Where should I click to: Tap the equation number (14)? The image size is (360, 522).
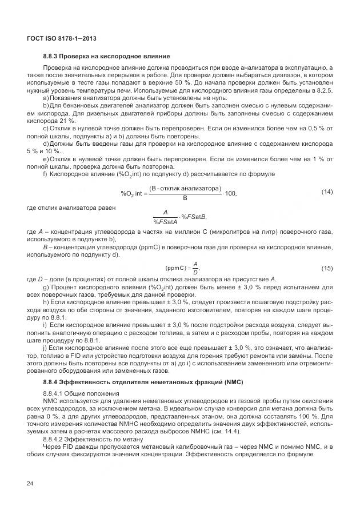click(327, 190)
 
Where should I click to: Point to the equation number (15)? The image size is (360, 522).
click(327, 268)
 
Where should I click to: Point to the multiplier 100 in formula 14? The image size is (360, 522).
click(230, 194)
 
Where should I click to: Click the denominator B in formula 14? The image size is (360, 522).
click(184, 199)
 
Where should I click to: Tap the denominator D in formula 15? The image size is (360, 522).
click(195, 272)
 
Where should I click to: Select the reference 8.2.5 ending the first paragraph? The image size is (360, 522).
click(324, 90)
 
